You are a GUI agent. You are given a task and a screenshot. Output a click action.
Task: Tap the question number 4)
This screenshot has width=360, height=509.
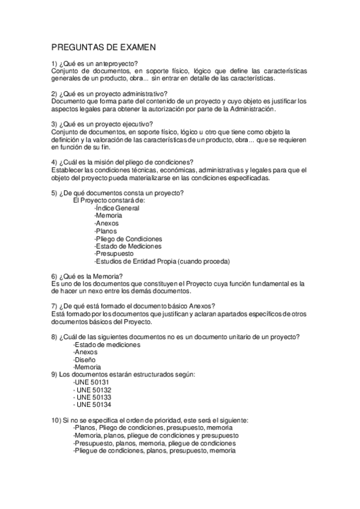pyautogui.click(x=55, y=162)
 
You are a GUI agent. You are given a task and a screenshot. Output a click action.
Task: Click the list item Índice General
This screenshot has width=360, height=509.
pyautogui.click(x=116, y=208)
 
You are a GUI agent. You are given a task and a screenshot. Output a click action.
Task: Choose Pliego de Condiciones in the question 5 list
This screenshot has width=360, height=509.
pyautogui.click(x=128, y=238)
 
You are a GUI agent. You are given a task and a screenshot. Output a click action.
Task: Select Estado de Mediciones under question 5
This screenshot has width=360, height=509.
pyautogui.click(x=127, y=246)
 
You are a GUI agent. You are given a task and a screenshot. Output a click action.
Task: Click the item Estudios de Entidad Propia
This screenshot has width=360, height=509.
pyautogui.click(x=161, y=261)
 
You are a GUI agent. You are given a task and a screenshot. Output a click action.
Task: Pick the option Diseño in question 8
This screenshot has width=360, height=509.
pyautogui.click(x=83, y=359)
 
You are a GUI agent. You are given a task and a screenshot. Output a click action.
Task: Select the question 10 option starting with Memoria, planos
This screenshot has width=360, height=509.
pyautogui.click(x=155, y=435)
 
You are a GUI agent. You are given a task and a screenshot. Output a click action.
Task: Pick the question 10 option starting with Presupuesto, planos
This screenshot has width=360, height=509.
pyautogui.click(x=154, y=443)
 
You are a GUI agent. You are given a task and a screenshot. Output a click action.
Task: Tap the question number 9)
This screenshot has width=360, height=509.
pyautogui.click(x=55, y=375)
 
